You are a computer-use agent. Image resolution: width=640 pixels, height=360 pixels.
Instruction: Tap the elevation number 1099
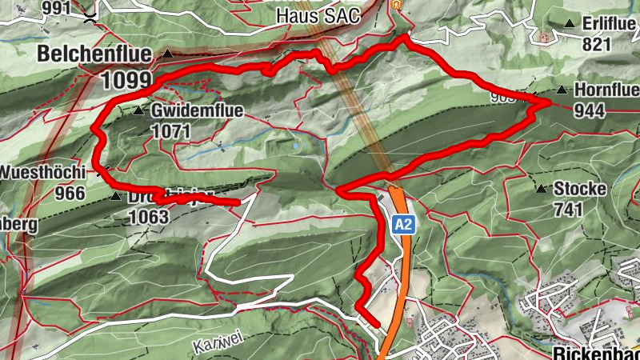tap(126, 79)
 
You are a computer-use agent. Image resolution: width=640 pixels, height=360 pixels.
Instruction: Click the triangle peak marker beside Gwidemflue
tap(138, 110)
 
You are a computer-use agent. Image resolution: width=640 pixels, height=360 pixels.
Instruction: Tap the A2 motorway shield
tap(403, 226)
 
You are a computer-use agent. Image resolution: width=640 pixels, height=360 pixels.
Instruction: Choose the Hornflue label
tap(606, 90)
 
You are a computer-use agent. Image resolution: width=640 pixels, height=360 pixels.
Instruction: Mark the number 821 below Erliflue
tap(597, 44)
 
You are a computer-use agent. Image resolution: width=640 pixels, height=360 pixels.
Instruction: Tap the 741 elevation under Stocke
tap(568, 209)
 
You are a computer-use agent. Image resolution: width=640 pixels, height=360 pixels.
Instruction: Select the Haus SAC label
tap(318, 15)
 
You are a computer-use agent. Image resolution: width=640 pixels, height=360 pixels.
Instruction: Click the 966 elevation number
tap(70, 192)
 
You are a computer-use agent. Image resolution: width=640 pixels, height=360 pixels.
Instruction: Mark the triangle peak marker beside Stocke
tap(542, 190)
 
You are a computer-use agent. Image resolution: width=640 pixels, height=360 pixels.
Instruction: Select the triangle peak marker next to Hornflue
tap(562, 90)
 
